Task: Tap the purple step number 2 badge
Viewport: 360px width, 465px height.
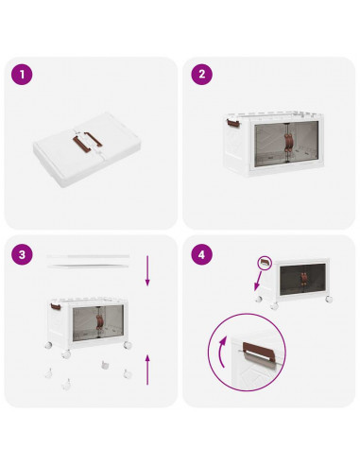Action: click(201, 73)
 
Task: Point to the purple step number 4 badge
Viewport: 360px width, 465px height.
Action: click(201, 253)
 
